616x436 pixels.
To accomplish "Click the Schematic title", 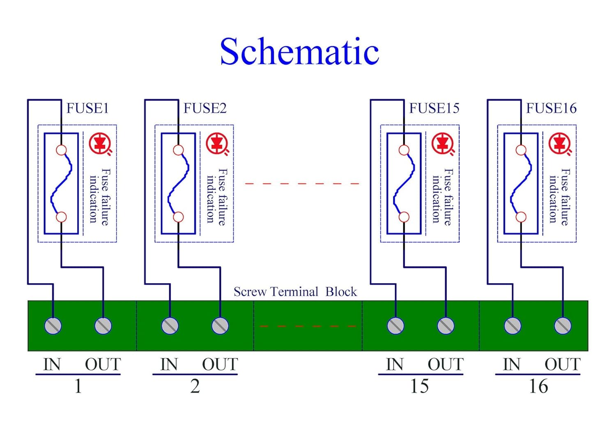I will click(x=299, y=52).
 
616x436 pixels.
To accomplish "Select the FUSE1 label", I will click(x=87, y=108).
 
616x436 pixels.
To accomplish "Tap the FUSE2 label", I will click(x=205, y=108).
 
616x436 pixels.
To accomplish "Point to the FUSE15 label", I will click(x=434, y=108).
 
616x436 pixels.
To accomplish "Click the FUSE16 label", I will click(x=551, y=108).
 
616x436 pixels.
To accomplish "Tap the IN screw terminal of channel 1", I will click(x=53, y=325).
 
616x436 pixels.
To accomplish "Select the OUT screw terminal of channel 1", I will click(x=103, y=325).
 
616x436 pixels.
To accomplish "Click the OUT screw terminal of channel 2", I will click(x=220, y=325).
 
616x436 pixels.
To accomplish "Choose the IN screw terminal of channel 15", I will click(x=395, y=325).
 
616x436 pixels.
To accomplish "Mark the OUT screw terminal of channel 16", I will click(x=563, y=325).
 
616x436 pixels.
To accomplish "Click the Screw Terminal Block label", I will click(x=295, y=292).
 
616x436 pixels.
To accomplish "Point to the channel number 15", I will click(x=419, y=386).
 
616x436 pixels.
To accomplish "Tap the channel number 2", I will click(x=195, y=386).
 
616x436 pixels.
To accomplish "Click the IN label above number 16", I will click(x=512, y=364).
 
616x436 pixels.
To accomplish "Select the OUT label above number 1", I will click(x=103, y=364).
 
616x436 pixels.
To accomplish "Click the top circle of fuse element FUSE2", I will click(x=178, y=150).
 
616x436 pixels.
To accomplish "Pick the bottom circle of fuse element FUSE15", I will click(x=404, y=217).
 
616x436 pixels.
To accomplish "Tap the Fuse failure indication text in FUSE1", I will click(x=100, y=196).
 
